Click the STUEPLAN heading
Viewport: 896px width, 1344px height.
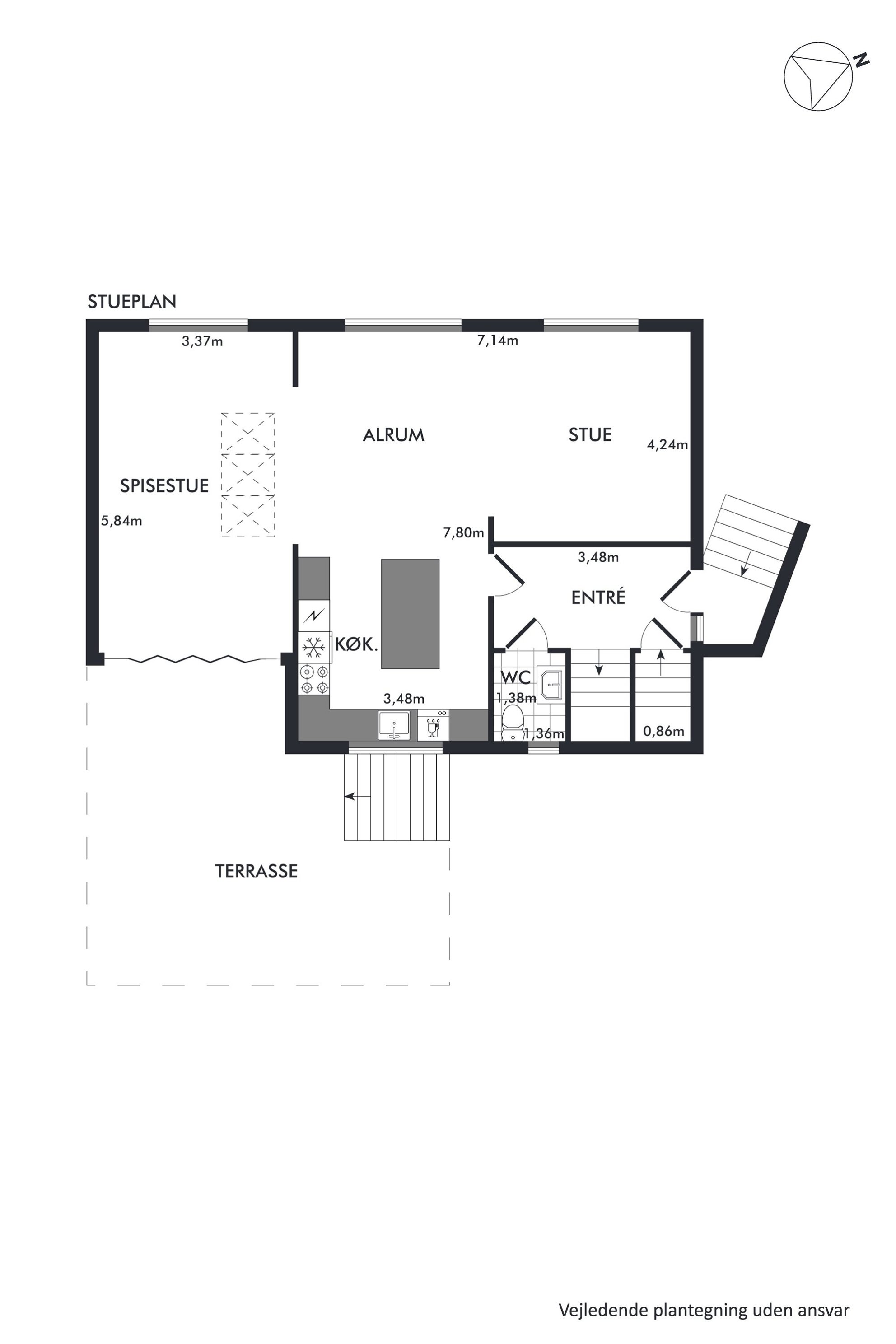132,302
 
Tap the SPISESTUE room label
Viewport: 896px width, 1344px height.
164,486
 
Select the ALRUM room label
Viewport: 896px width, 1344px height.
394,435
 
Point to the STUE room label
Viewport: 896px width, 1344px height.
590,435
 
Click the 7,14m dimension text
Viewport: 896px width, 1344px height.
498,341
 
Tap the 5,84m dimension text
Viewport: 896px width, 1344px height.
122,521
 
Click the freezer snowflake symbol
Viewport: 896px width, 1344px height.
313,648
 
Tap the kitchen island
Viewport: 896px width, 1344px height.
410,614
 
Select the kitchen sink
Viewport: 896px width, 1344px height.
394,725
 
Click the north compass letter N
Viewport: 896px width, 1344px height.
861,60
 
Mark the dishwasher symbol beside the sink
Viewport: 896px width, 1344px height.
433,725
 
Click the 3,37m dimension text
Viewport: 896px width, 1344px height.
202,342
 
